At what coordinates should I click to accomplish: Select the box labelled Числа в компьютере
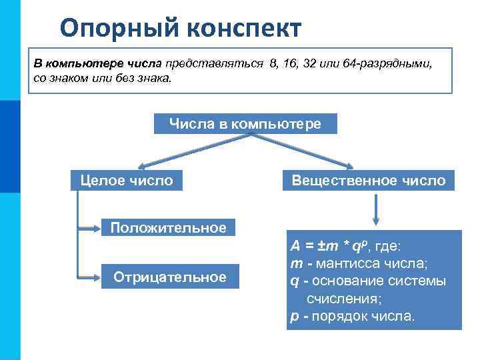pos(245,124)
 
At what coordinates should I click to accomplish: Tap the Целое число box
pos(126,180)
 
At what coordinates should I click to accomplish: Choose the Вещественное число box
pos(369,180)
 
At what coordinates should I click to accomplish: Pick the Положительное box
pos(168,228)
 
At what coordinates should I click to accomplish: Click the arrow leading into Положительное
pos(89,227)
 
